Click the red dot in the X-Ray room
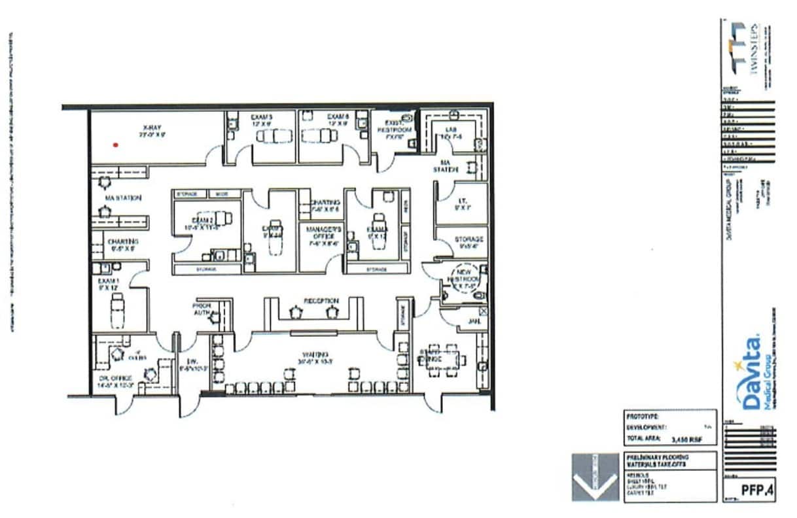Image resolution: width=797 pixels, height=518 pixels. click(116, 145)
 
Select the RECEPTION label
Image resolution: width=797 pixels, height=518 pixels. click(321, 301)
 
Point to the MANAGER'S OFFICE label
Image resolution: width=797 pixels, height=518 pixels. click(320, 233)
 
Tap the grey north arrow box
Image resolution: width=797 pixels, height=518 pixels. click(595, 477)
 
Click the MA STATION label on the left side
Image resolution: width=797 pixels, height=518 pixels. click(122, 198)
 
